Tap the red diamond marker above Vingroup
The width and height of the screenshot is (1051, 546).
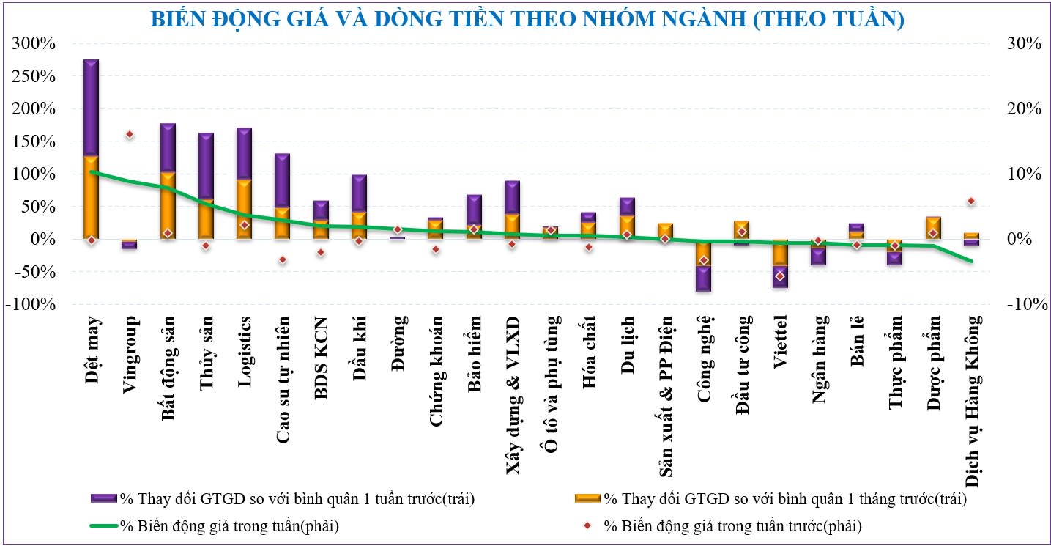[130, 135]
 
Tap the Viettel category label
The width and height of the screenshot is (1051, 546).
[780, 340]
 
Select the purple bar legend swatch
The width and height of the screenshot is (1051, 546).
[104, 499]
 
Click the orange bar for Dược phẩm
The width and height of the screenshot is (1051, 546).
[933, 227]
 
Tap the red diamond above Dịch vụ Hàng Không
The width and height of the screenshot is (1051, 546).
[971, 201]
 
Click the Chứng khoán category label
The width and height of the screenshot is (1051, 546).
[436, 360]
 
